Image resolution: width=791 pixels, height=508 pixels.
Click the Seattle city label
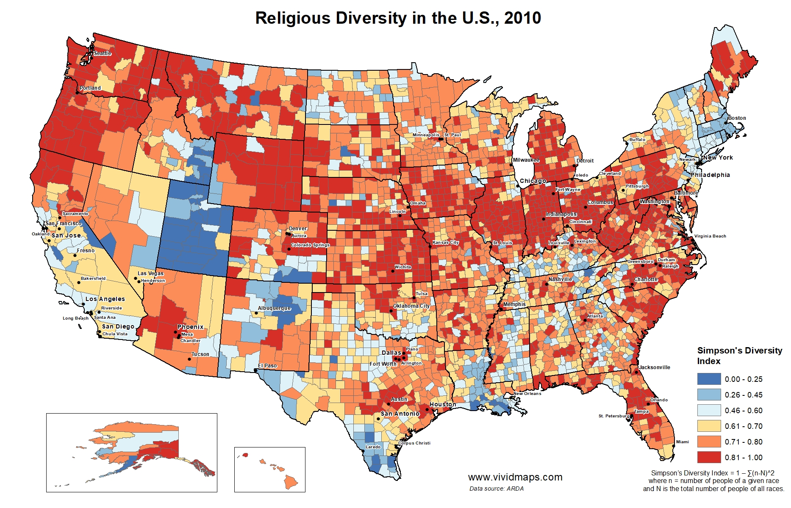(x=103, y=53)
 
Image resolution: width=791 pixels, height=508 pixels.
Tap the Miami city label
(x=682, y=442)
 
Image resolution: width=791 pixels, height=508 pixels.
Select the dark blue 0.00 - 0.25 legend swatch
(x=709, y=379)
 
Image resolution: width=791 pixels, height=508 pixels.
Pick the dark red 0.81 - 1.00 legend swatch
(x=709, y=457)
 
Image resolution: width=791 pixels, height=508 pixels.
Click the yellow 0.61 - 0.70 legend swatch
(x=709, y=426)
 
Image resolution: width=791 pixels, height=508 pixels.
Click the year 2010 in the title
(x=522, y=18)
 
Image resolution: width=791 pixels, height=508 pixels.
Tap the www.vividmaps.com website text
(x=515, y=477)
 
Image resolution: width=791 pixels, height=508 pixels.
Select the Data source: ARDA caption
(x=496, y=489)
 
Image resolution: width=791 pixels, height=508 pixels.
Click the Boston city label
(x=737, y=118)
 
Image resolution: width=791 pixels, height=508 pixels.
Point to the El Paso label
(x=267, y=366)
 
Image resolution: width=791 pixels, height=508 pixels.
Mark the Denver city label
(x=298, y=229)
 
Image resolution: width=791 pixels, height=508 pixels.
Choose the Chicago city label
(x=533, y=181)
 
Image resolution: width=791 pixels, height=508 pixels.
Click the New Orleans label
(x=527, y=394)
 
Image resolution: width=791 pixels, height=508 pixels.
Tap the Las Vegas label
(x=150, y=273)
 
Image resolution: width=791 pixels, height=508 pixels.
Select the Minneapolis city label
(x=426, y=135)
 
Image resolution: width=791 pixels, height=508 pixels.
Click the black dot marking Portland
(x=77, y=92)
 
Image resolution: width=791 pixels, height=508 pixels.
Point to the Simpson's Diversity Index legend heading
(x=739, y=356)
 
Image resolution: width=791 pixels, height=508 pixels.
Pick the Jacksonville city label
(x=655, y=367)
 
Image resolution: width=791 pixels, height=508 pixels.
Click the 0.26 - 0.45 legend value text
(x=743, y=395)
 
